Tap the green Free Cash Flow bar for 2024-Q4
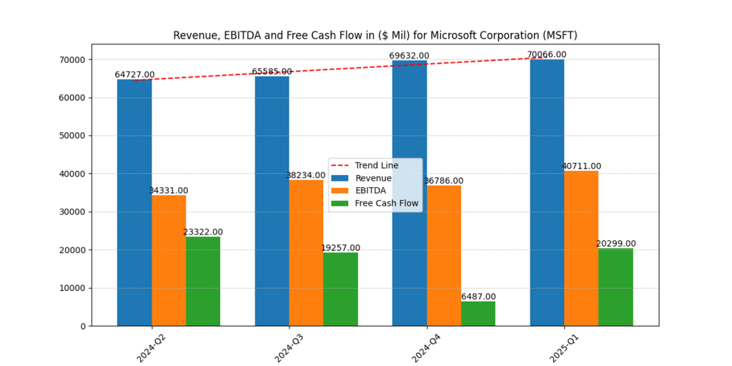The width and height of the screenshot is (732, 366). [x=478, y=314]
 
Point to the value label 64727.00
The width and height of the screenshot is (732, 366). [x=134, y=75]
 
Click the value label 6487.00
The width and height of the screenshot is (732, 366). [x=478, y=297]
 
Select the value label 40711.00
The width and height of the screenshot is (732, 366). [x=581, y=167]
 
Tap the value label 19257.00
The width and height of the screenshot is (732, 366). [x=341, y=248]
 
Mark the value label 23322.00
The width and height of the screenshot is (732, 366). [x=203, y=232]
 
